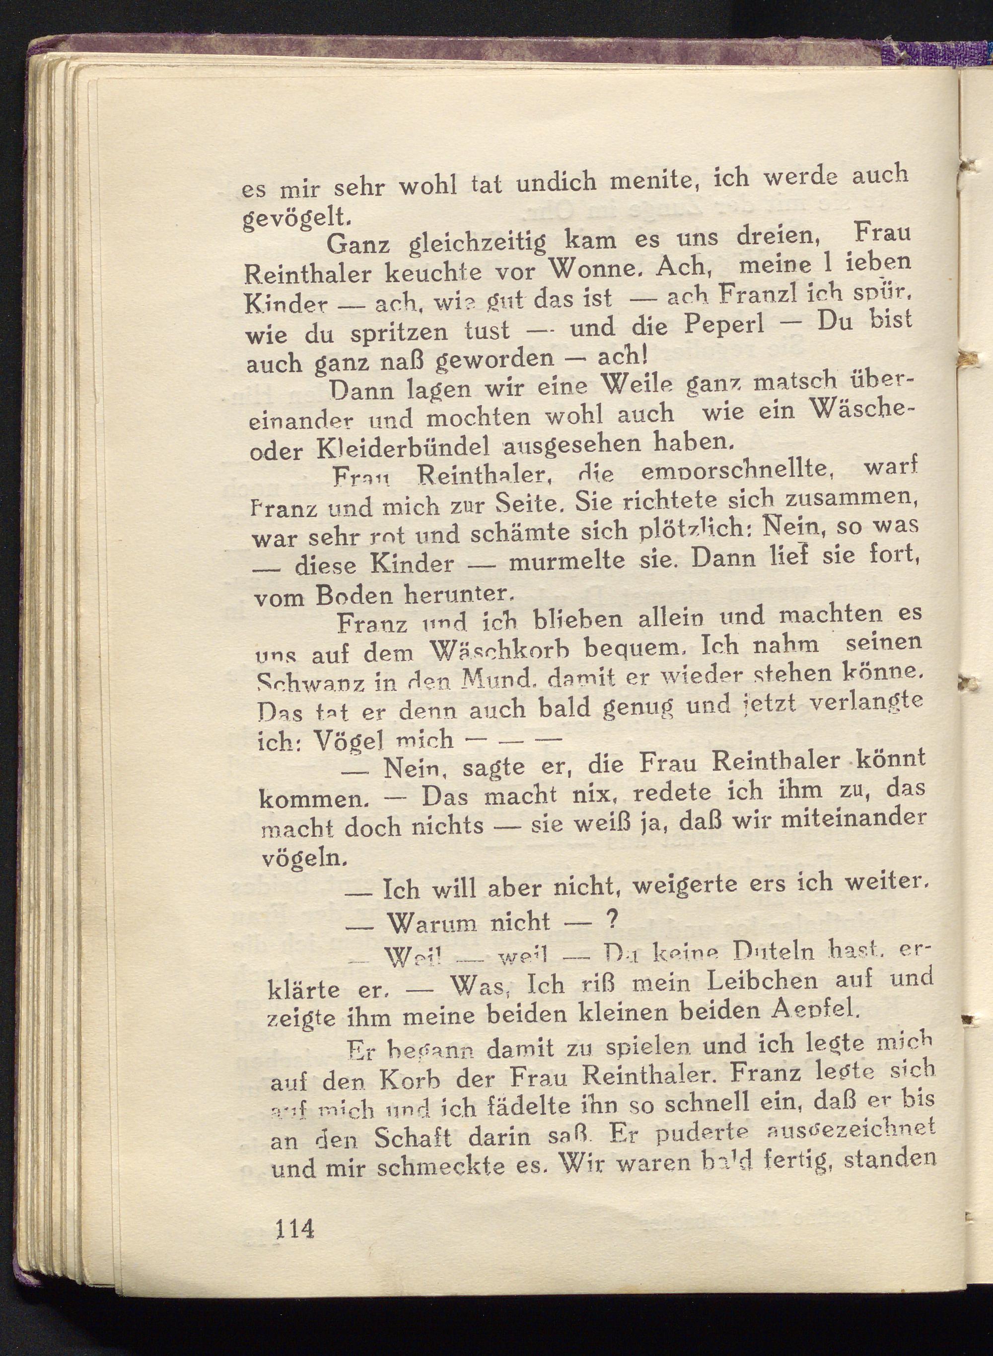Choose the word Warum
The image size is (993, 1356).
[x=434, y=922]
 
